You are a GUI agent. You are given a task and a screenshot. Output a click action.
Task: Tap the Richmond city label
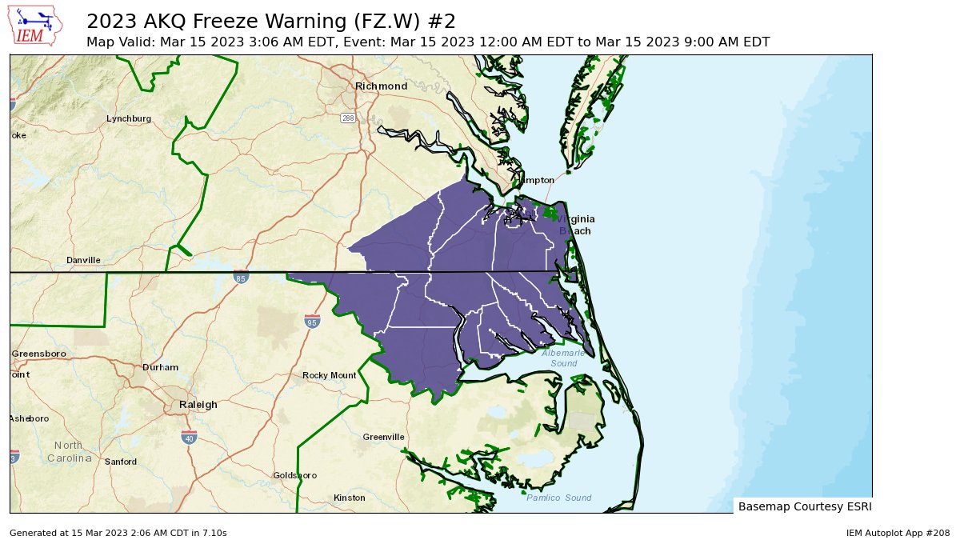click(x=381, y=86)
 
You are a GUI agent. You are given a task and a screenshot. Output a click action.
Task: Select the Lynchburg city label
click(x=129, y=118)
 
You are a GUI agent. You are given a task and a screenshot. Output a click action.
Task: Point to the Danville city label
click(x=83, y=260)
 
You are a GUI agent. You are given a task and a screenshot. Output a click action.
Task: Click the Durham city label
click(x=160, y=367)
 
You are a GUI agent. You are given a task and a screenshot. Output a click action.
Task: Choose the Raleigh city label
click(x=198, y=404)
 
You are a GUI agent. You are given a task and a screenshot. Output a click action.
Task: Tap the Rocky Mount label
click(x=329, y=375)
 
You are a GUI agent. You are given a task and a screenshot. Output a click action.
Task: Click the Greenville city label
click(x=383, y=437)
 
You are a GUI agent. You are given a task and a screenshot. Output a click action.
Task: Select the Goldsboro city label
click(x=294, y=475)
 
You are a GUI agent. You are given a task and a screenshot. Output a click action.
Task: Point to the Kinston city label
click(x=349, y=498)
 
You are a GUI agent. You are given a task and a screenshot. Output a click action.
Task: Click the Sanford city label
click(x=120, y=462)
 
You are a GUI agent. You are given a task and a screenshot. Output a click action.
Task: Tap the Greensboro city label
click(x=38, y=353)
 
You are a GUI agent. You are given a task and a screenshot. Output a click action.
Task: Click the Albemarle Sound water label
click(x=563, y=358)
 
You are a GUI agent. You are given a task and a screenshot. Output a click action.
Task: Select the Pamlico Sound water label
click(x=558, y=498)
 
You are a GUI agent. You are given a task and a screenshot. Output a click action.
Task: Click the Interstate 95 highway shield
click(x=313, y=322)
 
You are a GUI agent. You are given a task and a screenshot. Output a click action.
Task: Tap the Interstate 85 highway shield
click(x=241, y=277)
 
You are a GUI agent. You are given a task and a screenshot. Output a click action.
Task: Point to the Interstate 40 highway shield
click(x=189, y=437)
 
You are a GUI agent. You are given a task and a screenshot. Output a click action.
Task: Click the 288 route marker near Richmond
click(x=348, y=118)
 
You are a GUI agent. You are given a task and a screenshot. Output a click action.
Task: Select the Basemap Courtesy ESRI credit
click(x=804, y=506)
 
